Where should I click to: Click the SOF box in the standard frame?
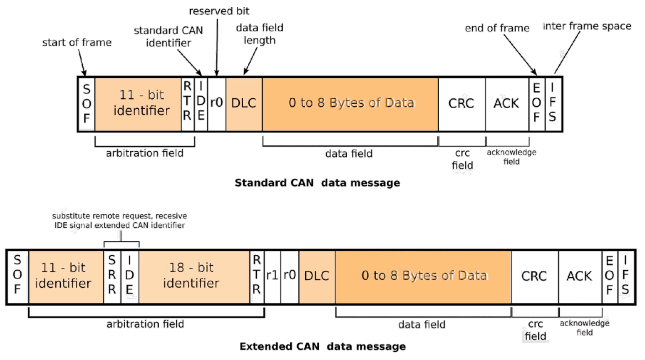click(x=87, y=104)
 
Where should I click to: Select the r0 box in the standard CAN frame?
click(x=217, y=103)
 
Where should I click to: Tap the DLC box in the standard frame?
click(x=244, y=103)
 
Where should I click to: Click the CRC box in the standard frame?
click(x=461, y=103)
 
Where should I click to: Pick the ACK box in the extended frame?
click(x=579, y=276)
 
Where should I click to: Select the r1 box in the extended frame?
click(x=273, y=276)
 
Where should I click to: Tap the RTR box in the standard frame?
click(x=187, y=103)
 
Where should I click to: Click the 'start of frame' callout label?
click(x=77, y=42)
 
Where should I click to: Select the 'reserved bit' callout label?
click(x=220, y=11)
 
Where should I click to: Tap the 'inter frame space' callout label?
click(x=587, y=26)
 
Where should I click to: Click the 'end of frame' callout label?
click(x=497, y=28)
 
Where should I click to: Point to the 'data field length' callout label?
click(x=260, y=34)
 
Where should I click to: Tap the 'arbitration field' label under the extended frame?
click(x=145, y=324)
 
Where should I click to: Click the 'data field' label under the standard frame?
click(x=349, y=153)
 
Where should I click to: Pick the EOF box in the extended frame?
click(x=609, y=276)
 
